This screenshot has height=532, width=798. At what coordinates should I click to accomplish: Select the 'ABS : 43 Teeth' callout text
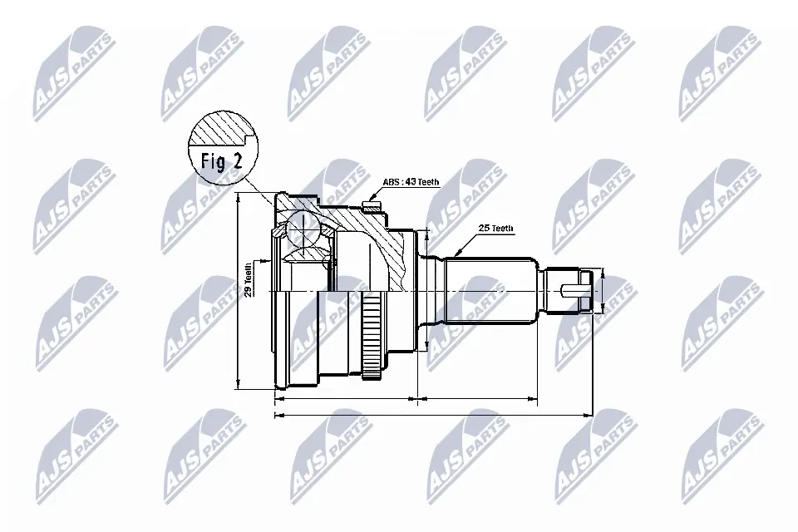pos(410,182)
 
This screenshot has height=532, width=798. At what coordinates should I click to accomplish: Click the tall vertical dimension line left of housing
pos(238,291)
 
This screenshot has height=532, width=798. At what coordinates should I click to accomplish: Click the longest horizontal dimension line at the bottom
pos(432,413)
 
